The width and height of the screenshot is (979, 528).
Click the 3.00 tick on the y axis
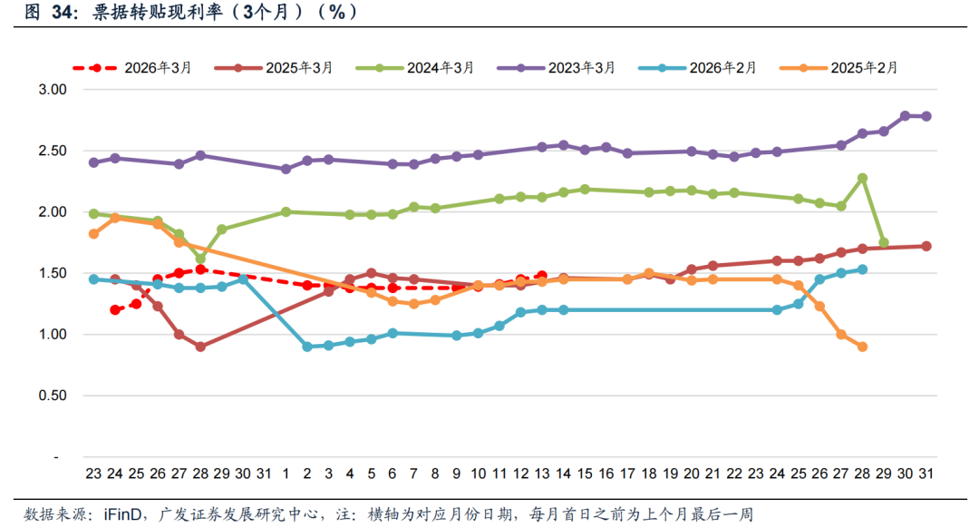click(53, 90)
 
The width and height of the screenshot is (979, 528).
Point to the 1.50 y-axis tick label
click(53, 273)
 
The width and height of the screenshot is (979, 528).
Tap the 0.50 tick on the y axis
click(53, 396)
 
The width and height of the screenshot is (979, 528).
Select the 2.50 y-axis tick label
click(53, 151)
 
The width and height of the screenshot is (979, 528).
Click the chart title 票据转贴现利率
click(160, 12)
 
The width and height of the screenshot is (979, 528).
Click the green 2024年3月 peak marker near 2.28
click(862, 178)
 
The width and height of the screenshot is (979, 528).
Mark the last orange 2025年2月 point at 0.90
click(862, 347)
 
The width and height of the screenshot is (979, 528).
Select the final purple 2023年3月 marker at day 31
click(926, 116)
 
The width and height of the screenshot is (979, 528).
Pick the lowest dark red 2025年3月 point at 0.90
click(200, 347)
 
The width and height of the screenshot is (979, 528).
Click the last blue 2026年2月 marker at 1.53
click(862, 269)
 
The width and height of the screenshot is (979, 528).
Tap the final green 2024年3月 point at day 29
click(884, 242)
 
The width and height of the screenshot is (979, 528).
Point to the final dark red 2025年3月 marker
click(926, 246)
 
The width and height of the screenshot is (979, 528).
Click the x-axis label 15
click(585, 473)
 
